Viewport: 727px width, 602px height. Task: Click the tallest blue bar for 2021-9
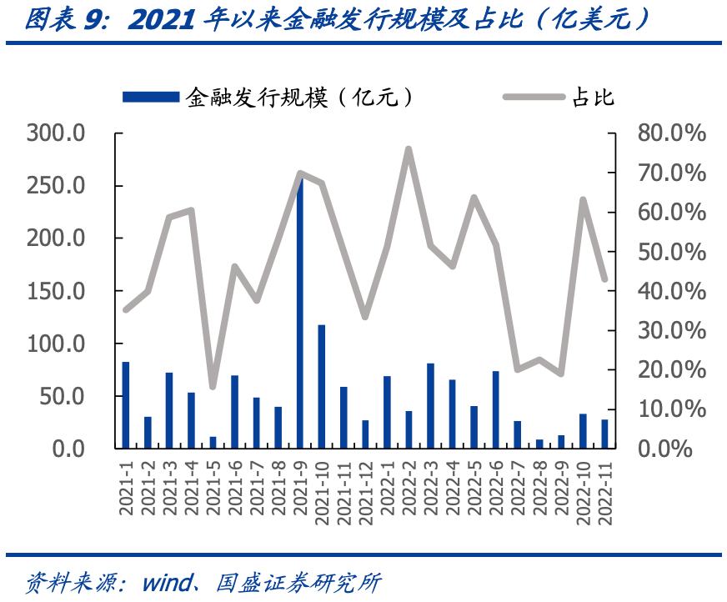[x=300, y=317]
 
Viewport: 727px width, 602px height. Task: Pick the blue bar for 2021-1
[x=126, y=404]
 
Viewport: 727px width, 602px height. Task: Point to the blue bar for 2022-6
[x=495, y=409]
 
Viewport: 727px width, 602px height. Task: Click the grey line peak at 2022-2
[x=409, y=149]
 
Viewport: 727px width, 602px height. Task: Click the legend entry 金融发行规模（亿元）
[x=267, y=98]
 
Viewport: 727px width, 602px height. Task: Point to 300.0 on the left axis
[x=57, y=133]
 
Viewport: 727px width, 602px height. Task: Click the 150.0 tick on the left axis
[x=57, y=291]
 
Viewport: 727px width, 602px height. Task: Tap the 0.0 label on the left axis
[x=68, y=449]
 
